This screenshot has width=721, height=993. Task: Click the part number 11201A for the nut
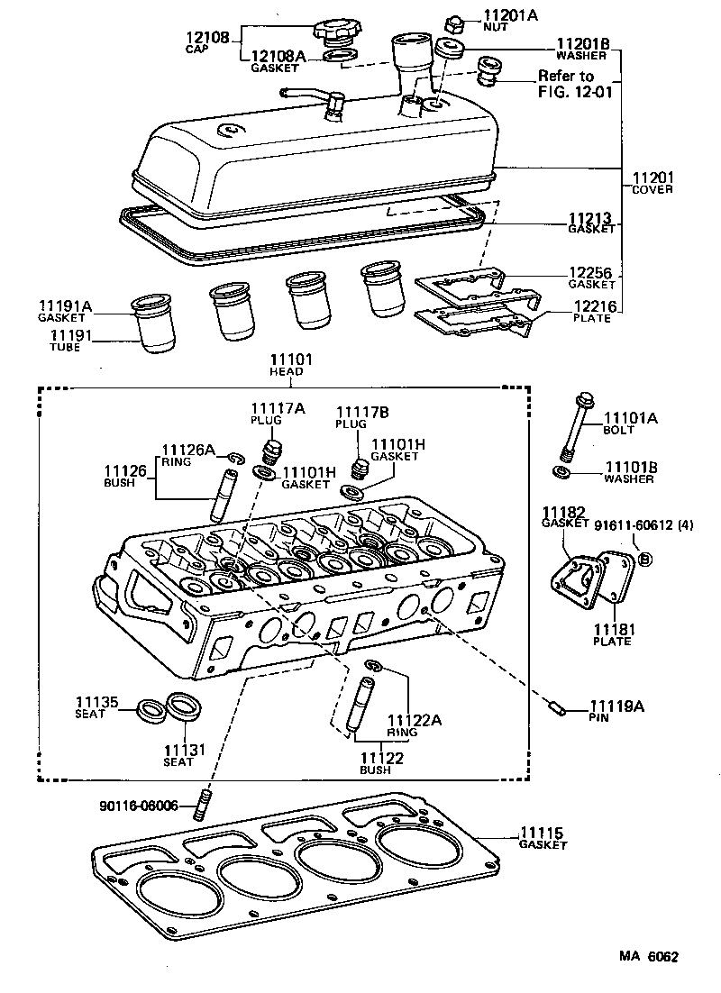point(510,14)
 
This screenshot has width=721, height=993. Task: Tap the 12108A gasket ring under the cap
point(336,58)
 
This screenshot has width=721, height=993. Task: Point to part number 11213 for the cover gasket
point(589,218)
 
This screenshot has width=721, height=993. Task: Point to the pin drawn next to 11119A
point(557,708)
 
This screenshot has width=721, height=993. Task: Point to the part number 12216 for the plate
point(595,307)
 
